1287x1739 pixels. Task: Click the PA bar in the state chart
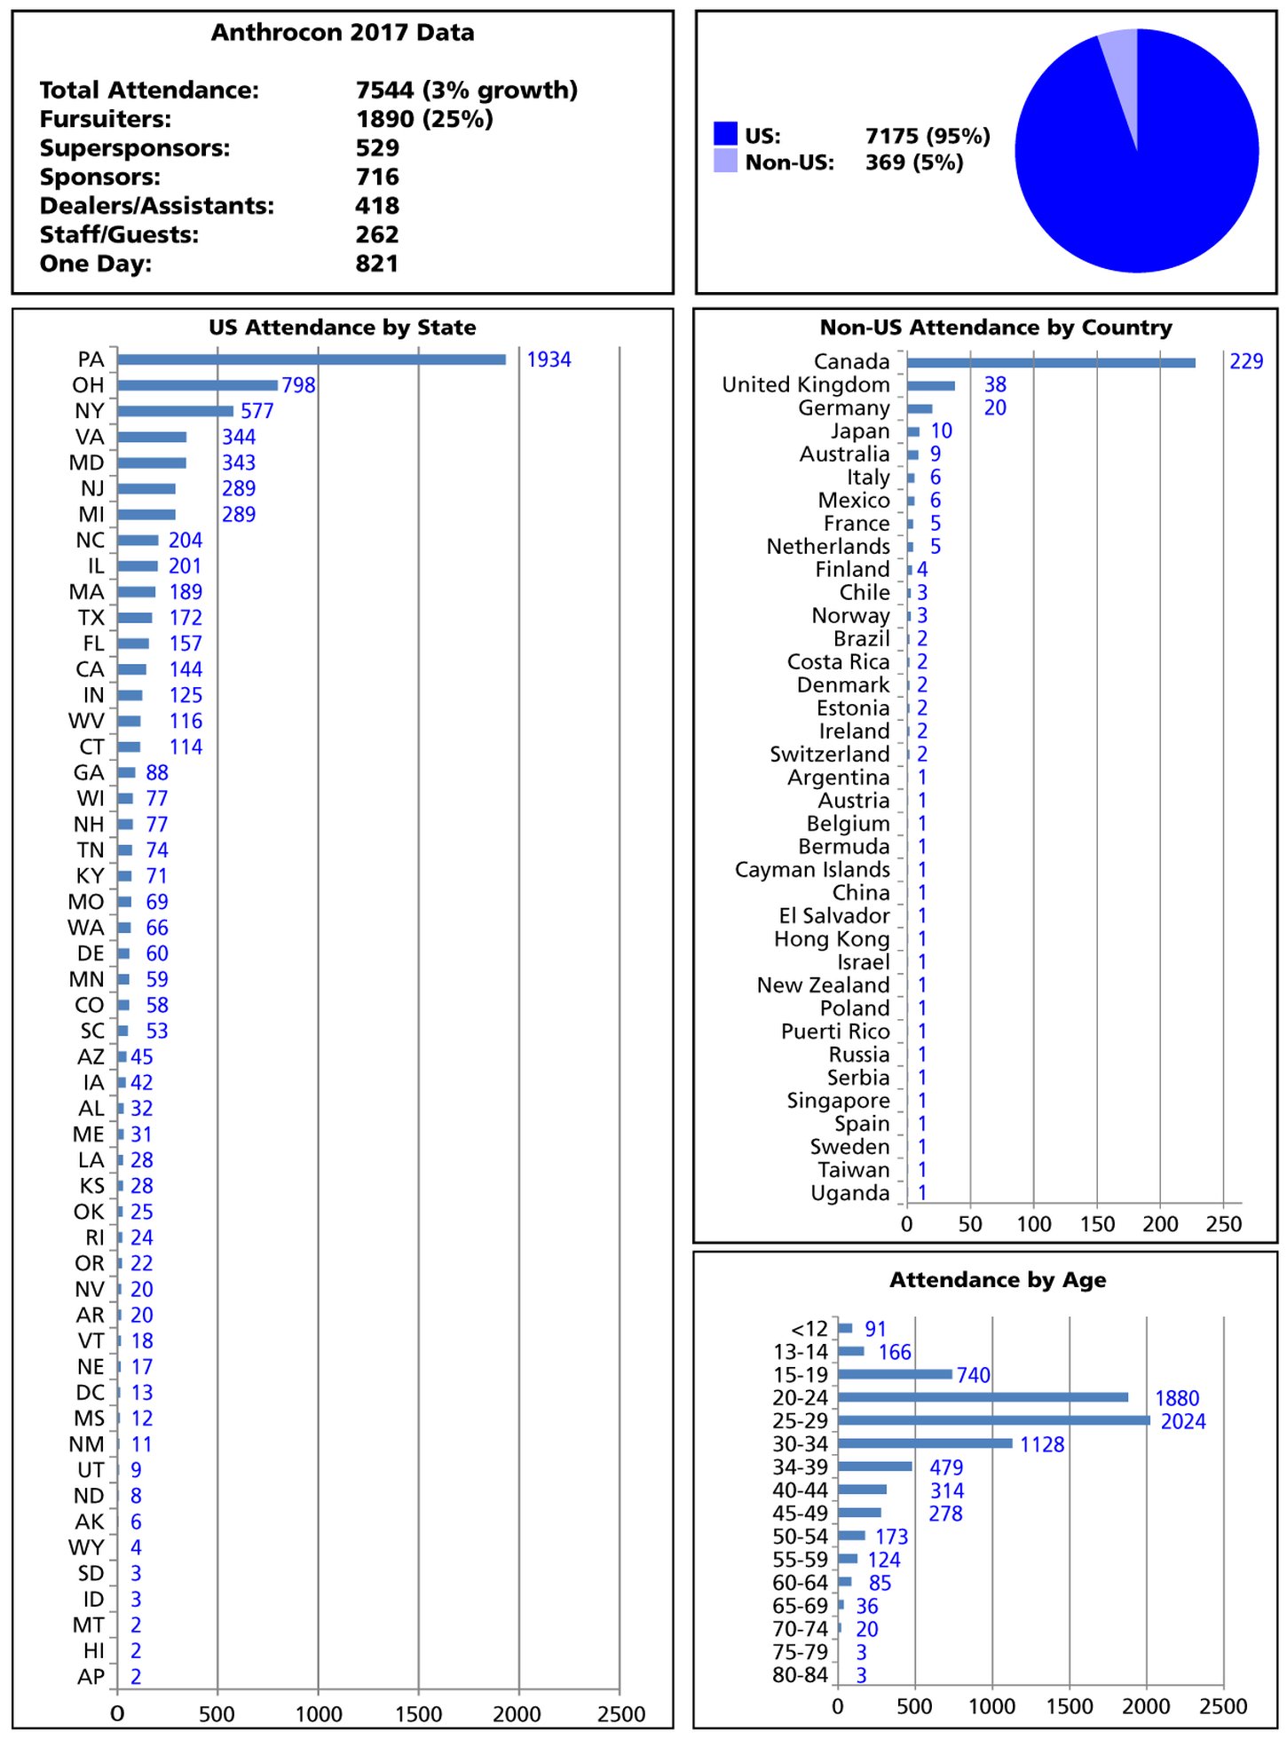point(311,360)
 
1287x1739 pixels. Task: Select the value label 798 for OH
point(298,385)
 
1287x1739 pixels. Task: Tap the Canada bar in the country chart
point(1050,362)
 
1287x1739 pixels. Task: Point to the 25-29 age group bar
point(993,1420)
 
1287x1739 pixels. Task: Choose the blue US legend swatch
point(725,134)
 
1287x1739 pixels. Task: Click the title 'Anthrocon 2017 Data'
point(343,33)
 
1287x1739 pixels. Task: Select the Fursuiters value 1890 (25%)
point(424,119)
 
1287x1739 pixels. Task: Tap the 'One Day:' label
point(96,264)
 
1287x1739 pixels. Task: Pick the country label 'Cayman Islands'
point(811,870)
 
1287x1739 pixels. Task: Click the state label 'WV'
point(86,721)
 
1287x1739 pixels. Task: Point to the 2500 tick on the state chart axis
point(620,1714)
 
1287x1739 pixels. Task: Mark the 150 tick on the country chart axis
point(1097,1224)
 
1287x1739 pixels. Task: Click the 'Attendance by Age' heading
point(998,1280)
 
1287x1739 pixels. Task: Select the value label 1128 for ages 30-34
point(1041,1444)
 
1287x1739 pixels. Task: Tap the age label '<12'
point(809,1329)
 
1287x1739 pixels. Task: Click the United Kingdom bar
point(930,385)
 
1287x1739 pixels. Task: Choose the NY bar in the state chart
point(175,411)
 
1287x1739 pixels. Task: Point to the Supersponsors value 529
point(377,148)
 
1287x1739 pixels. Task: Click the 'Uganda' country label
point(849,1193)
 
